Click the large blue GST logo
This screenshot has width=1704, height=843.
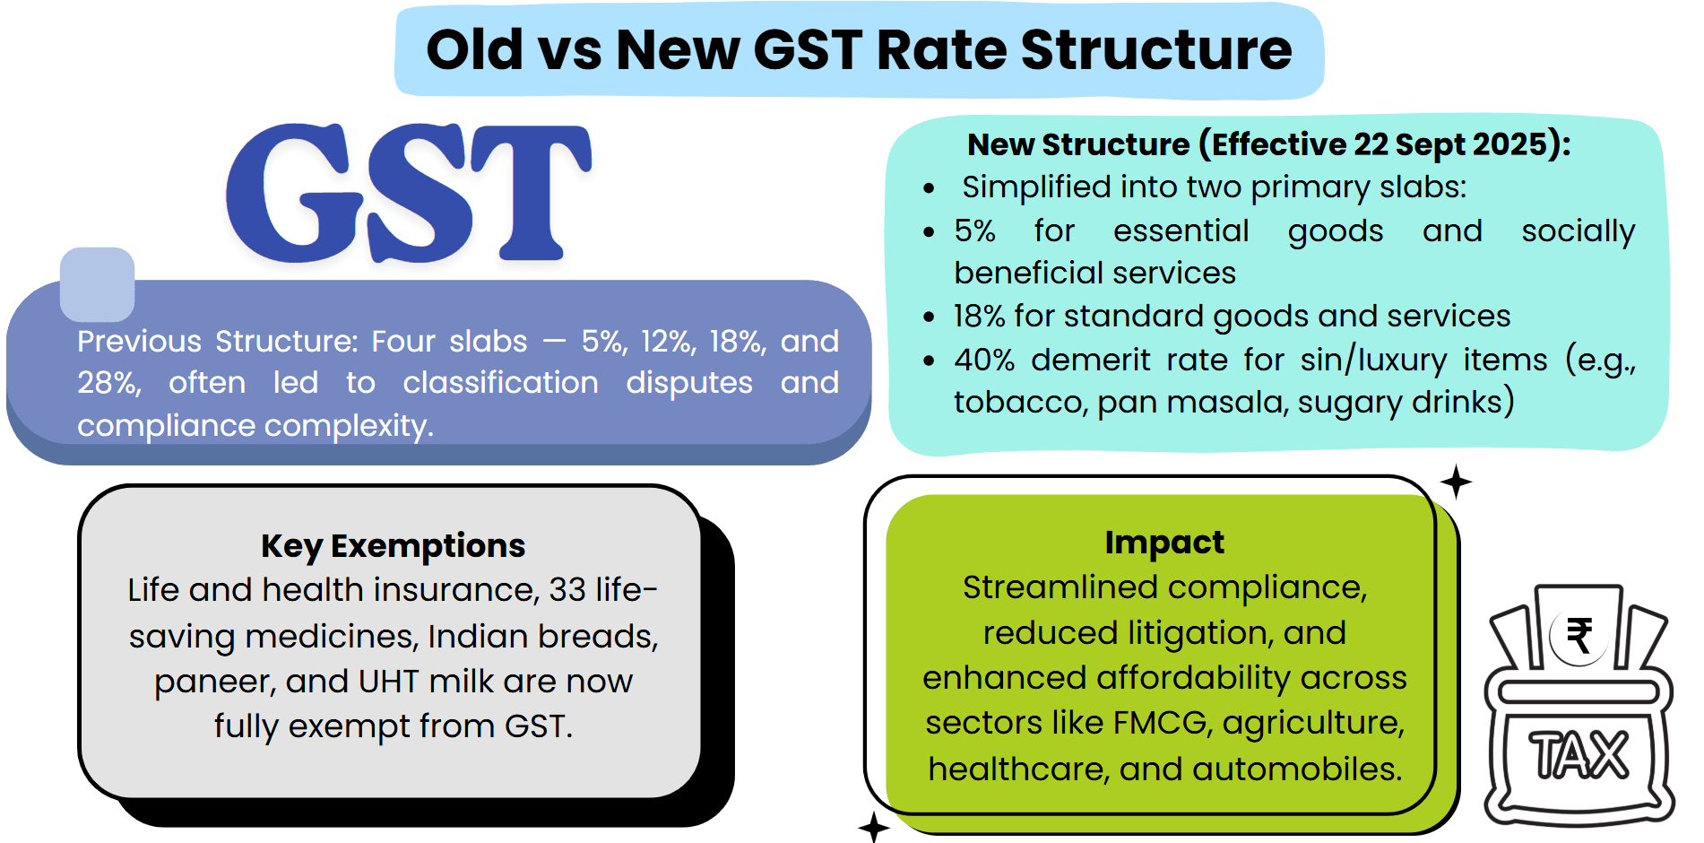(408, 193)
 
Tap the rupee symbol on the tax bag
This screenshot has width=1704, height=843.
(1579, 636)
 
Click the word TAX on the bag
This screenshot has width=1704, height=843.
(1579, 754)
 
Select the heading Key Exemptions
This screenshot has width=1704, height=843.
(393, 545)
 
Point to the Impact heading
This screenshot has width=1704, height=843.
(1163, 542)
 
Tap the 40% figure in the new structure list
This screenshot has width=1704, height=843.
(983, 360)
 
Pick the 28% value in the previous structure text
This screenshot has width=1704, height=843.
(108, 383)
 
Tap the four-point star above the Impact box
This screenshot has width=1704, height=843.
(1456, 482)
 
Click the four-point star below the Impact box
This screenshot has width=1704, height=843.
(873, 826)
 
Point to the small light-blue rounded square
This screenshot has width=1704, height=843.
(97, 284)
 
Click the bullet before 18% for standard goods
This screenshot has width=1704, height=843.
(929, 317)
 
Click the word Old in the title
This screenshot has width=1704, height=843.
(474, 49)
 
